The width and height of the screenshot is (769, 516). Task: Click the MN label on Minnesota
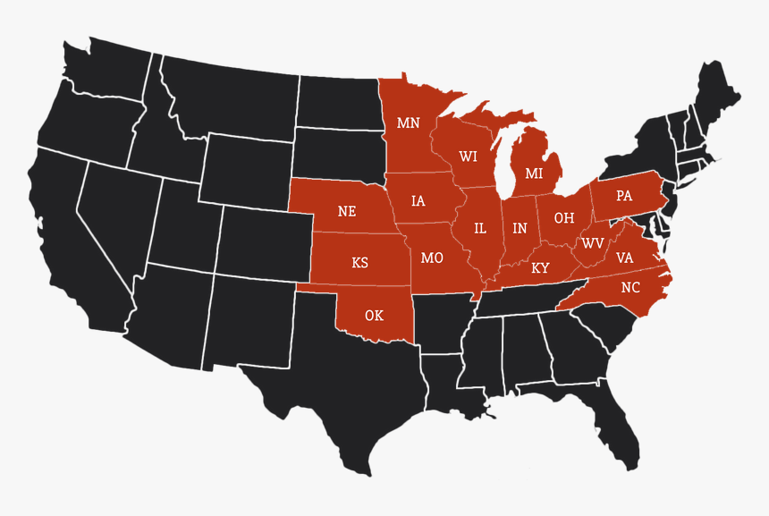408,123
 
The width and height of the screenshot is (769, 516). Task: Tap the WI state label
469,156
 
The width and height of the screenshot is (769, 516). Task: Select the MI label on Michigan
534,173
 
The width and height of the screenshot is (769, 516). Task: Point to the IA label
418,201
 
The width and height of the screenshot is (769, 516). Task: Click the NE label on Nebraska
347,212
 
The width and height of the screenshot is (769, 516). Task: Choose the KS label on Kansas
359,263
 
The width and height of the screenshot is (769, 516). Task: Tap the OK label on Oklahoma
374,315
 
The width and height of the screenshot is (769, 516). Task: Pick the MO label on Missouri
432,258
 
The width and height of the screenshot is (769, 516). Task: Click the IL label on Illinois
480,229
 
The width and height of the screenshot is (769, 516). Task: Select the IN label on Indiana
520,229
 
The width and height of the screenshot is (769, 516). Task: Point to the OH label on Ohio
563,217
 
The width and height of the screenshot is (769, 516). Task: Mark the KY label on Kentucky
540,267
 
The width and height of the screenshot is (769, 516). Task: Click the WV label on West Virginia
592,243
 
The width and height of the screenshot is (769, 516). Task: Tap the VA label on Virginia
625,258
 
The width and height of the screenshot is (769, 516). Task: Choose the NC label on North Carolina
630,288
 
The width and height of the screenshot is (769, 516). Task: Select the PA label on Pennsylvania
624,196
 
